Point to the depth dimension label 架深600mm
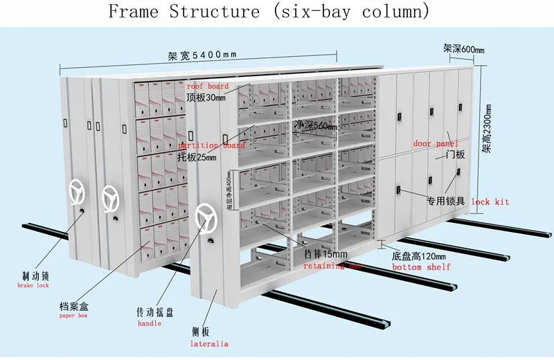(x=463, y=48)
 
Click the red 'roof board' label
(x=207, y=87)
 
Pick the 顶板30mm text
(x=206, y=98)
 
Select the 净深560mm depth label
(x=316, y=126)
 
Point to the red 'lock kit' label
(x=490, y=201)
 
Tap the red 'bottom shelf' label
(x=421, y=267)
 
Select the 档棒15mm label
(x=325, y=254)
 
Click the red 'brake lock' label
(x=33, y=285)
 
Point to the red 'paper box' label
(x=73, y=316)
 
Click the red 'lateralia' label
(x=209, y=343)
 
